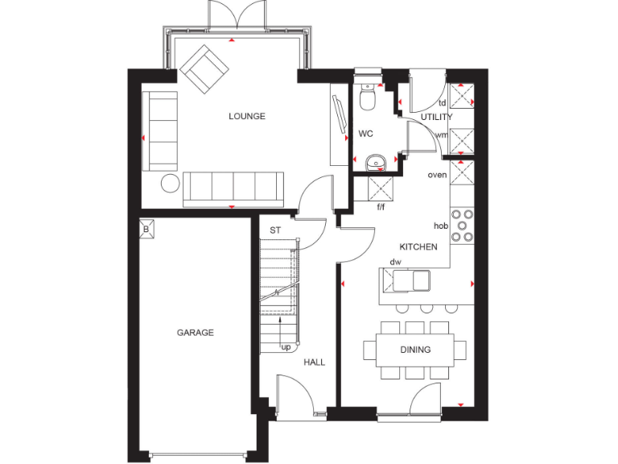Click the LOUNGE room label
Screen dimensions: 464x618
246,116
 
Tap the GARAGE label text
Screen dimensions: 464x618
196,332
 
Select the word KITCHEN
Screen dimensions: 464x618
418,246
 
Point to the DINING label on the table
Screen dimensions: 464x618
415,350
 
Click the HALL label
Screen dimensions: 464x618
314,362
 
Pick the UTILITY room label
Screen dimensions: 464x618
437,117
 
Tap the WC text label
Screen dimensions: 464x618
365,133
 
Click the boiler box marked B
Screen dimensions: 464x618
146,228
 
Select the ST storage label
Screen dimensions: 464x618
275,230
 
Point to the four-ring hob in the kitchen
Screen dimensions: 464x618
463,226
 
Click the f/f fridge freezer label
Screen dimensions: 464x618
381,207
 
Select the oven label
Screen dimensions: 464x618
437,175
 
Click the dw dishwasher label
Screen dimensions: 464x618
396,263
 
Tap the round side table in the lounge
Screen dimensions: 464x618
171,183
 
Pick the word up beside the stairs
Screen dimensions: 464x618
286,347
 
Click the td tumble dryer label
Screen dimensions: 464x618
442,103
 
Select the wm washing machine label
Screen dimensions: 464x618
441,135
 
